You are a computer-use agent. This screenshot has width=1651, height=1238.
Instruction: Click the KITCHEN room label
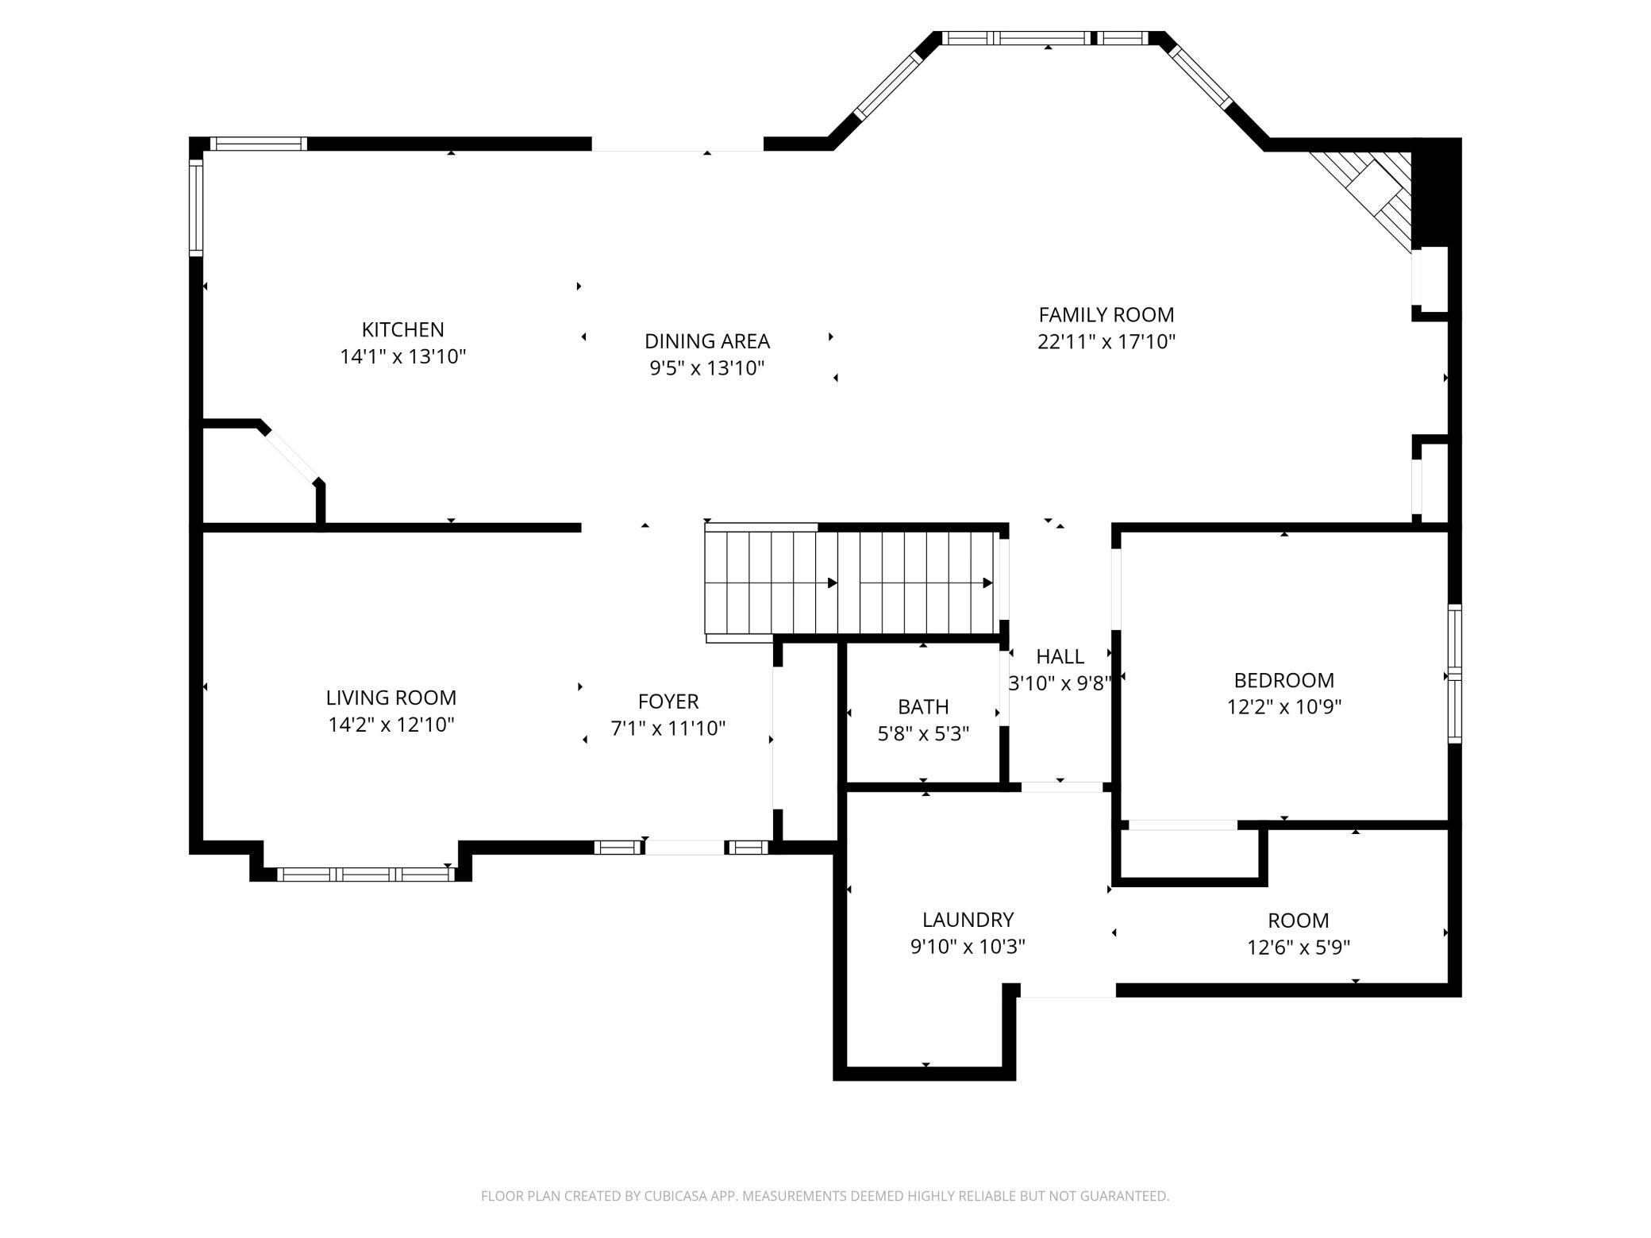402,329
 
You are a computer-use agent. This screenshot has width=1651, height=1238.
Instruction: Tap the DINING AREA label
707,341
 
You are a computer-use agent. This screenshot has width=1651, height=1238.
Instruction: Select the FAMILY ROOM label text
1106,314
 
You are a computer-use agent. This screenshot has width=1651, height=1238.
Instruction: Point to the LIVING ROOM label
391,698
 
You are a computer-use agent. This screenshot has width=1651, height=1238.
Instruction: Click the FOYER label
668,702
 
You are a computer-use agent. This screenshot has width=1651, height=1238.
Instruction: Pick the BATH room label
923,706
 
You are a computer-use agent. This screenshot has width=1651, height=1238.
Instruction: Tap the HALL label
1060,656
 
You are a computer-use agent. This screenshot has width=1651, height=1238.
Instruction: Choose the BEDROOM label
1283,680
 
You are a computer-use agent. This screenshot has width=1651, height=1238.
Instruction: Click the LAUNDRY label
968,920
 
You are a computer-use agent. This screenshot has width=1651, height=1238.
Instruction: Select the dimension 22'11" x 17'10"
1106,341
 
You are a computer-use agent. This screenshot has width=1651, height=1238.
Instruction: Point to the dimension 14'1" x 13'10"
402,356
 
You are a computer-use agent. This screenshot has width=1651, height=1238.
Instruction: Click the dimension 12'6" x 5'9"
1299,948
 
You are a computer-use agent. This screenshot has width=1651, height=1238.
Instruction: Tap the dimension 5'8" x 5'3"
923,733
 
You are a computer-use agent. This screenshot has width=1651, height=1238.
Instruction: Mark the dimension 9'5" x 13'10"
707,368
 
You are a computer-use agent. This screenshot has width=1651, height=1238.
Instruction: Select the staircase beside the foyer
852,582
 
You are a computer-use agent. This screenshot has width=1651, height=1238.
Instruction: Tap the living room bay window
365,874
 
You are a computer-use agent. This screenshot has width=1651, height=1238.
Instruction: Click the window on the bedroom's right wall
1454,674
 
